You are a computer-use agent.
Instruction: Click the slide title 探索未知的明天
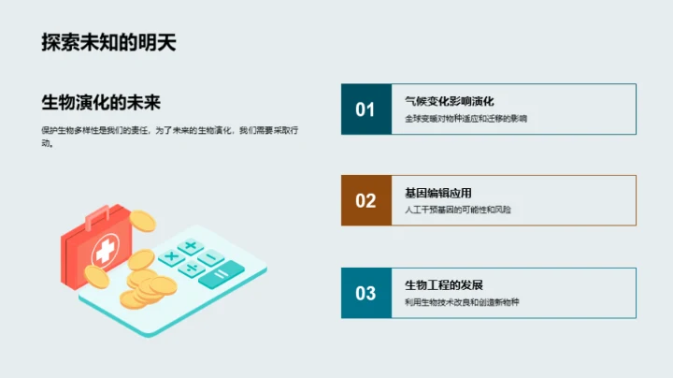point(109,42)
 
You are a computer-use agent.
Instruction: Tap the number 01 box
point(365,109)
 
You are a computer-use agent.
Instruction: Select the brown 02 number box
point(365,200)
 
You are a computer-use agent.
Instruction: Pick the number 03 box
point(365,293)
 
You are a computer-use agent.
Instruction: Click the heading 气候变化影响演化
point(449,101)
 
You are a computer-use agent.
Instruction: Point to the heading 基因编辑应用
point(438,193)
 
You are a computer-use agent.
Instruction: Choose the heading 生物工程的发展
point(443,284)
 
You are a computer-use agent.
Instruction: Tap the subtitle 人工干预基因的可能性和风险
point(458,211)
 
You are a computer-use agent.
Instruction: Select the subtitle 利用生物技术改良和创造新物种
point(461,302)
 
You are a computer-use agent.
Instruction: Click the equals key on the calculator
point(221,272)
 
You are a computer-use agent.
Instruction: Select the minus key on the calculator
point(212,257)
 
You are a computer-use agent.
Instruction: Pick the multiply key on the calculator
point(171,256)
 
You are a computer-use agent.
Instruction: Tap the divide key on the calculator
point(192,269)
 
